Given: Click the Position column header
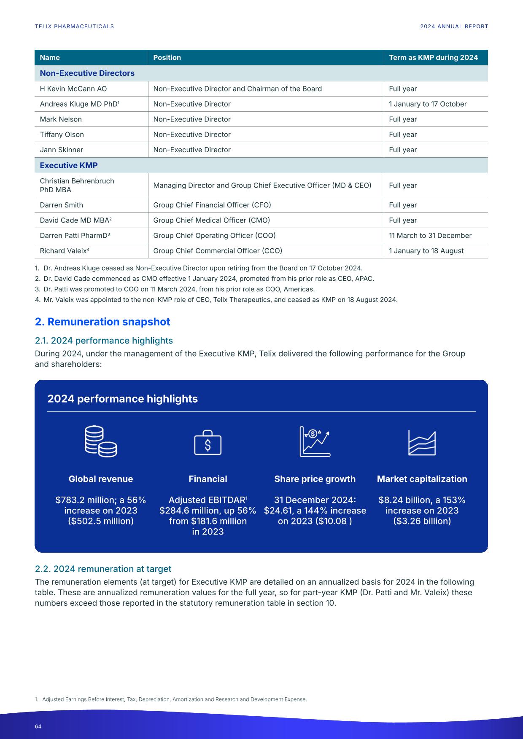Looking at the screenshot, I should [167, 57].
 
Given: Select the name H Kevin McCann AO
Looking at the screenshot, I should [73, 89].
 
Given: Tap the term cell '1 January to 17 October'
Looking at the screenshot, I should [428, 104].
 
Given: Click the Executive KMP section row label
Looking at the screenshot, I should [69, 165].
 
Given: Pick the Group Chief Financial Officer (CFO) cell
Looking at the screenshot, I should [212, 205].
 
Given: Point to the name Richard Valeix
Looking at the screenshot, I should [63, 251].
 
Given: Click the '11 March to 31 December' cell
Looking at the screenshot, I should [430, 236].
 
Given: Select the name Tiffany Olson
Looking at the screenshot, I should [62, 134].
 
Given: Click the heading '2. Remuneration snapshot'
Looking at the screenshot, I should [102, 322].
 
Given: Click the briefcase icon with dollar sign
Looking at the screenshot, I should [208, 443].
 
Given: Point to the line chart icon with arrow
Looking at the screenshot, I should [315, 441].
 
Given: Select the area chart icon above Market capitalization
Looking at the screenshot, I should [422, 443].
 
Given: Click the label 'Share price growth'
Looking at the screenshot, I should [315, 479].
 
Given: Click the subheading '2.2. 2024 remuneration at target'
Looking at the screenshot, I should [103, 569].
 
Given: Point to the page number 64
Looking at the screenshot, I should [38, 726].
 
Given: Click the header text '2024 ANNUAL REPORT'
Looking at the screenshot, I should [454, 26].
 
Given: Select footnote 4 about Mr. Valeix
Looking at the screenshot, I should [216, 300].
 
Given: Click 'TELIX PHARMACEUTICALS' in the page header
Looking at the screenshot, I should [74, 26].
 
